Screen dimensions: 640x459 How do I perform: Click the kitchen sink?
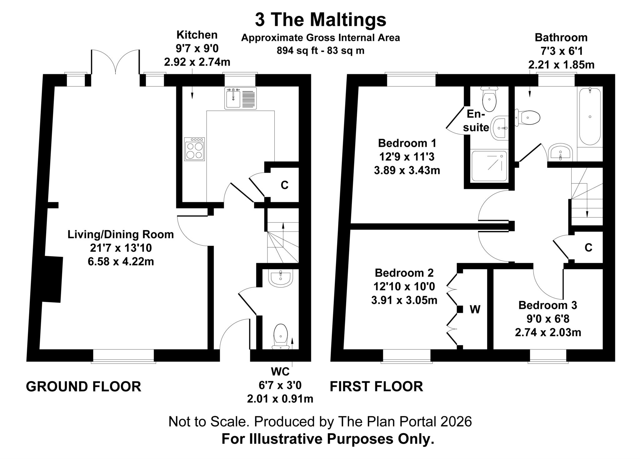240,98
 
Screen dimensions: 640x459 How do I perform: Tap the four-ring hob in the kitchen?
194,149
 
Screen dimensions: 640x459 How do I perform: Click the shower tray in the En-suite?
489,166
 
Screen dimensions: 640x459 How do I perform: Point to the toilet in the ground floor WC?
281,337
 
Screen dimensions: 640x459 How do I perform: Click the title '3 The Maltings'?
320,20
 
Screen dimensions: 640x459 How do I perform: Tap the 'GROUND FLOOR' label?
83,387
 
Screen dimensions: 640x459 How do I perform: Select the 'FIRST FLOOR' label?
377,386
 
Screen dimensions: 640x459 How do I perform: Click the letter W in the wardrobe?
475,309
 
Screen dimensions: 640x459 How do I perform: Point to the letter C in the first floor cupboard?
588,248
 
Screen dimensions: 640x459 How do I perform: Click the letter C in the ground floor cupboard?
284,185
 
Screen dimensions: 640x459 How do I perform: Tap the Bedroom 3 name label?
548,305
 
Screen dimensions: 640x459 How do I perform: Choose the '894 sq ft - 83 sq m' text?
321,50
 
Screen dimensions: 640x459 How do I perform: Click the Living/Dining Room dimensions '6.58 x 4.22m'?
121,262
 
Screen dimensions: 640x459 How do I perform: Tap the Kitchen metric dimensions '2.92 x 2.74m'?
197,62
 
